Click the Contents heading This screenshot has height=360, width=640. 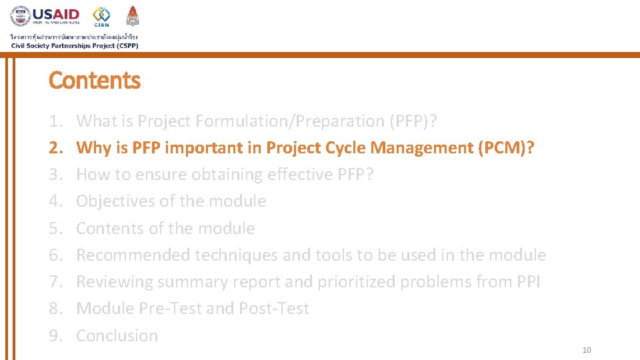click(x=95, y=81)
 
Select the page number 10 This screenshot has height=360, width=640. click(x=587, y=351)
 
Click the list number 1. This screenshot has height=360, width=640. click(x=55, y=121)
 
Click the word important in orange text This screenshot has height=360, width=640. click(x=205, y=148)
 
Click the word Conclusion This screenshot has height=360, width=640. click(x=117, y=336)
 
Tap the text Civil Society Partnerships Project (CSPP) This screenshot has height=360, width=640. click(x=74, y=45)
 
